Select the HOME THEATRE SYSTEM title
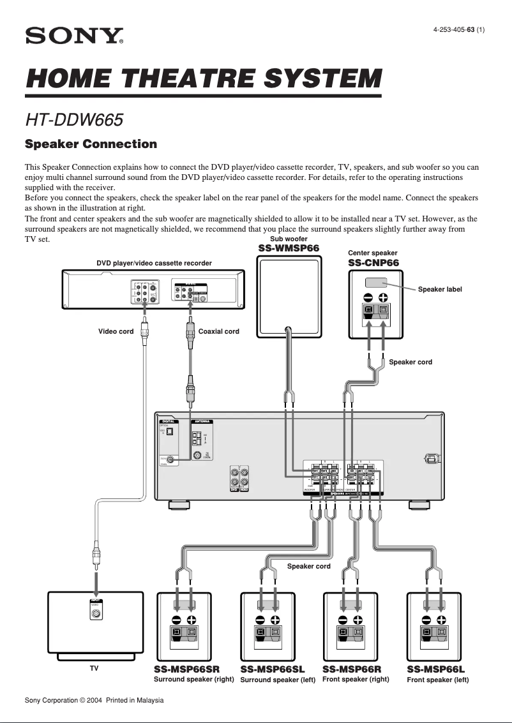coord(203,79)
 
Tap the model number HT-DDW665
coord(74,119)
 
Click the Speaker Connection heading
coord(91,144)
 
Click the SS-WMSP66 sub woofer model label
coord(289,248)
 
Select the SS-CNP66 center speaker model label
coord(373,263)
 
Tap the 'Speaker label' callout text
coord(440,289)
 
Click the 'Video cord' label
coord(116,331)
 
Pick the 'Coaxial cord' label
coord(219,331)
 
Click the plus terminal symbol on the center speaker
coord(383,297)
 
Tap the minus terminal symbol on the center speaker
coord(368,297)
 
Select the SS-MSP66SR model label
coord(186,669)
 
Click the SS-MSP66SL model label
coord(273,669)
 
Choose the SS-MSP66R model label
coord(352,669)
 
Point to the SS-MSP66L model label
coord(436,669)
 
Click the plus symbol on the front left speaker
coord(440,620)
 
